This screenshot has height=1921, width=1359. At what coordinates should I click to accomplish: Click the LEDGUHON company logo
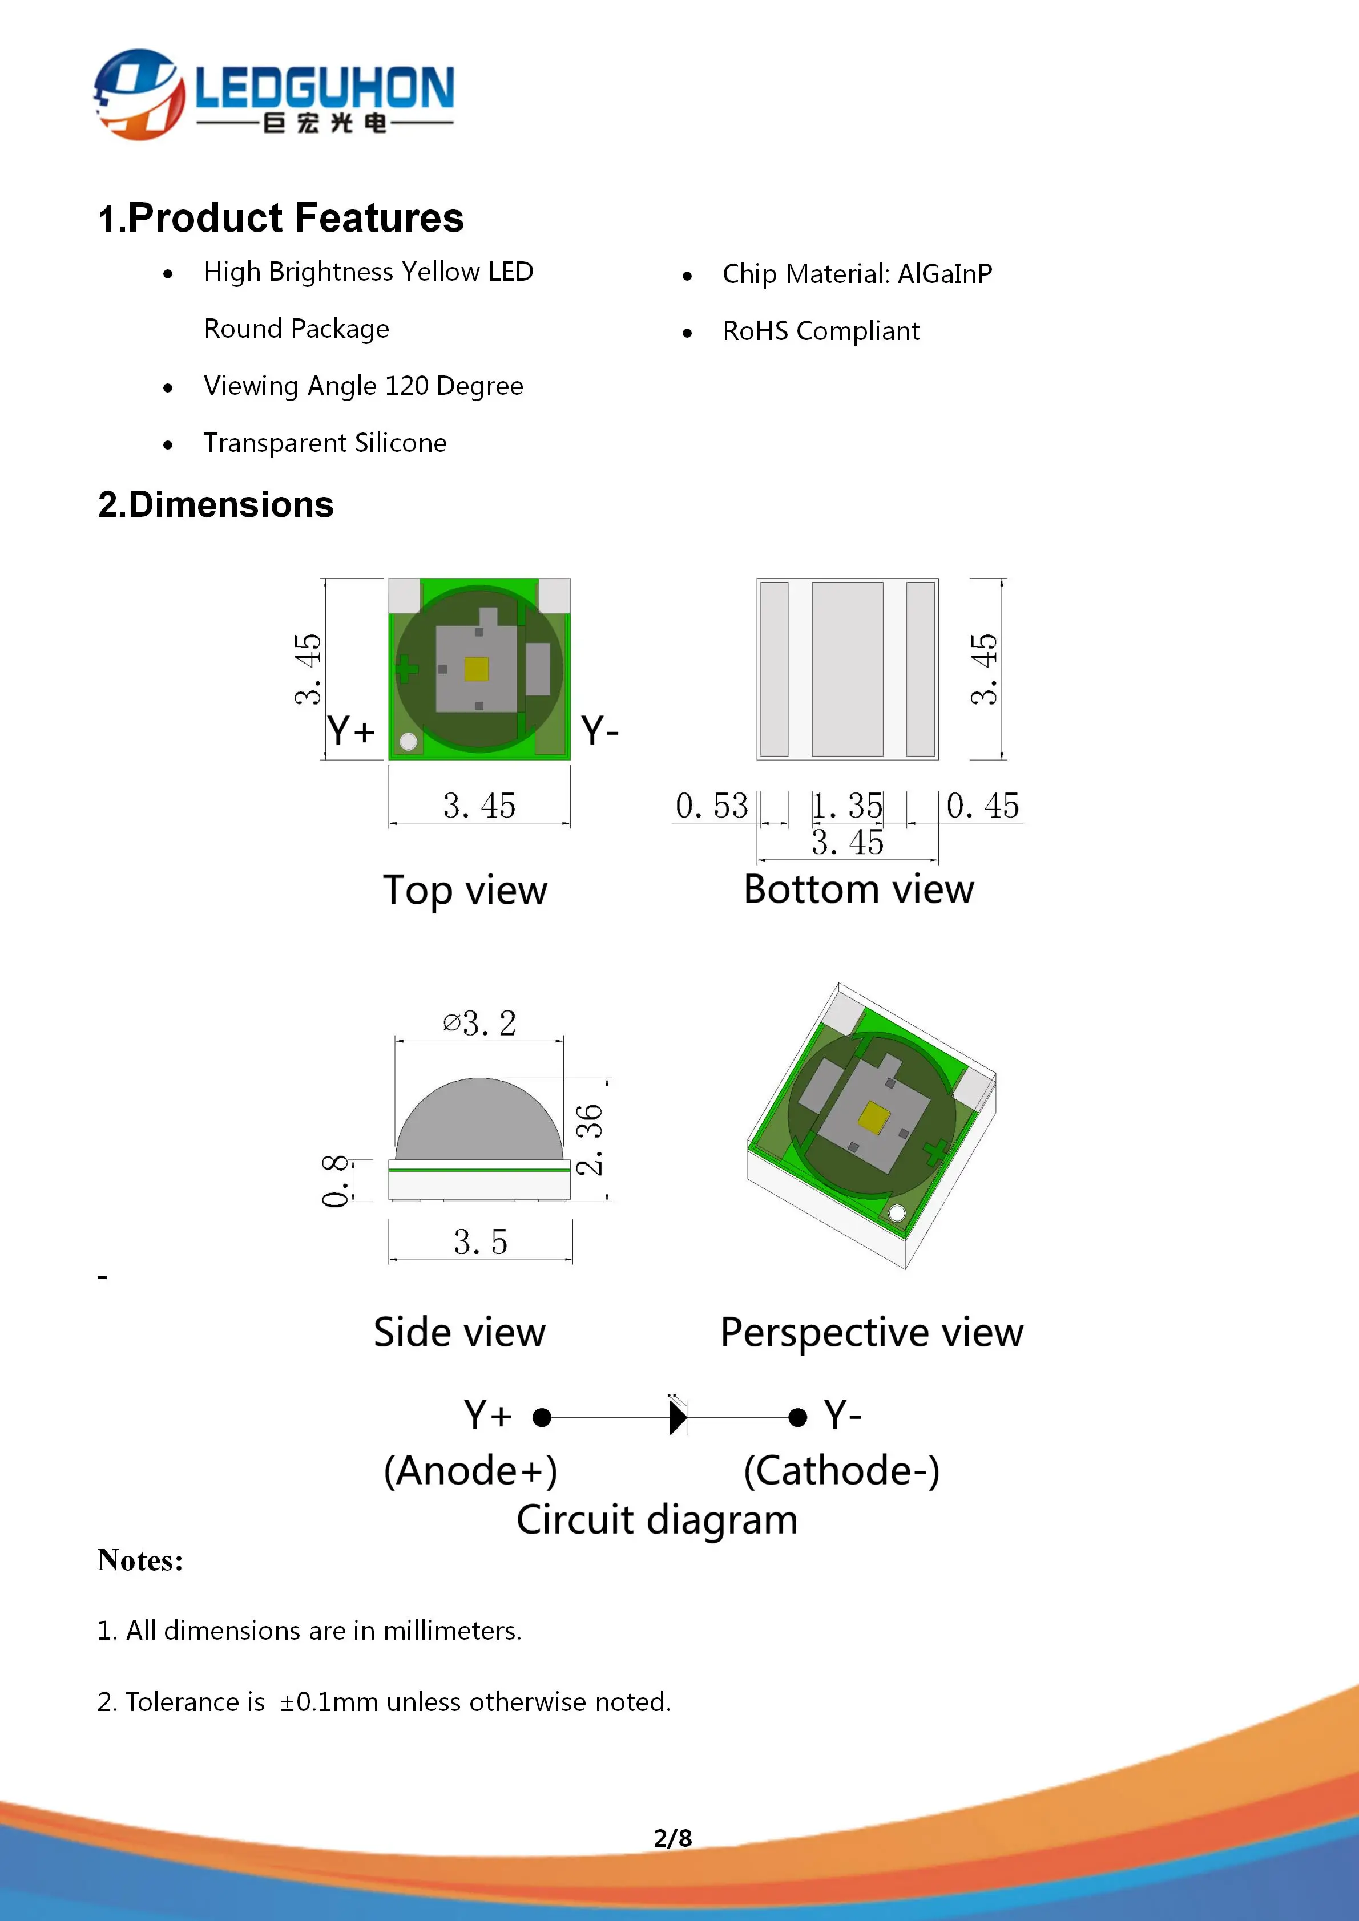point(273,94)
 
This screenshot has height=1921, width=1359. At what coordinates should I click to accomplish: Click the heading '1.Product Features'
point(280,219)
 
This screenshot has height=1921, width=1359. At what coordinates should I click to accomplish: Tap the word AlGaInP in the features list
point(945,274)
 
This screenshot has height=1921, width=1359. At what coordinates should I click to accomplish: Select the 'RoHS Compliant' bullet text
point(820,331)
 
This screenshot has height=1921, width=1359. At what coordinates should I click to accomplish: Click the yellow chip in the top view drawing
point(476,669)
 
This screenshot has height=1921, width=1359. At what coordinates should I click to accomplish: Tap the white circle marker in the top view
point(408,741)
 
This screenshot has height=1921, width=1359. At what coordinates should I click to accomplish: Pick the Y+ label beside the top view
point(350,731)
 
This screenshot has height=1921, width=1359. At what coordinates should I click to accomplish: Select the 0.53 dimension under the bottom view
point(711,806)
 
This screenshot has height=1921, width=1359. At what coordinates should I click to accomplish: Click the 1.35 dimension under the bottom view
point(848,806)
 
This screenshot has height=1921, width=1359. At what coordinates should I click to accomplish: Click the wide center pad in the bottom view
point(847,669)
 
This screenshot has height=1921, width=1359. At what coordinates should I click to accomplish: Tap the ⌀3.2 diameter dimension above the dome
point(479,1023)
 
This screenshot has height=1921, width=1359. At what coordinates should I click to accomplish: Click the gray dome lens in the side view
point(479,1121)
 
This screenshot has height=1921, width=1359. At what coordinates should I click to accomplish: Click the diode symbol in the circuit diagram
point(678,1417)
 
